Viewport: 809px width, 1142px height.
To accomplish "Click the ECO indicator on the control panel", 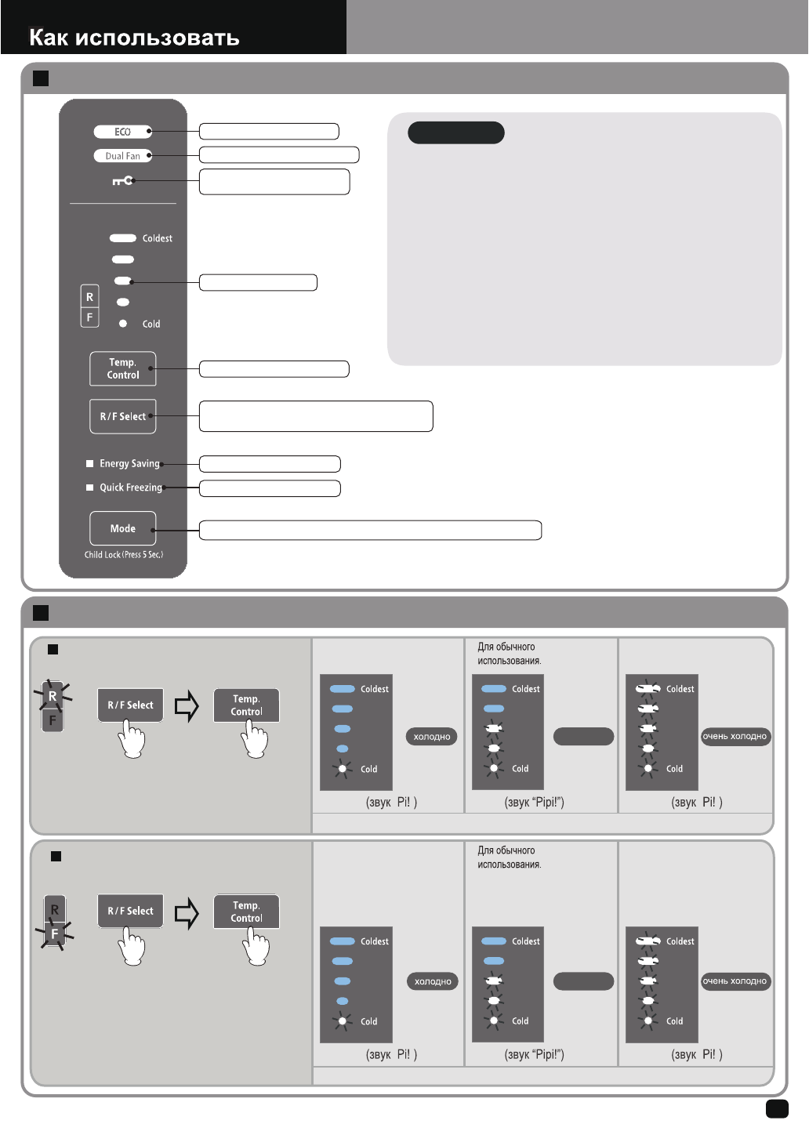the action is click(122, 132).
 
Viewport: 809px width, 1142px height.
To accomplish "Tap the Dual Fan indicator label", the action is click(122, 156).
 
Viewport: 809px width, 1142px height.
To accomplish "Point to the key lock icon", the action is click(122, 181).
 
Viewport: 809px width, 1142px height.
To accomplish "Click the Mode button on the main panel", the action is click(122, 528).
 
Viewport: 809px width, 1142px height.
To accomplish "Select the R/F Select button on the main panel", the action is click(122, 416).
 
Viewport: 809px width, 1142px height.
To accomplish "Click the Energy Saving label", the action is click(129, 463).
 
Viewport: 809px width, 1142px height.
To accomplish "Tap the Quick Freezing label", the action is click(130, 488).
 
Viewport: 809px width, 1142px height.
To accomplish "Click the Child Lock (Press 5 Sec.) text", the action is click(124, 554).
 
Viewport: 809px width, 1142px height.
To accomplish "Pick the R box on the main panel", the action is click(89, 297).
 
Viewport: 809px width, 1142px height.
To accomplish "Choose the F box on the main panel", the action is click(89, 317).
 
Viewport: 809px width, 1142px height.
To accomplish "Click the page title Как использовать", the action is click(134, 38).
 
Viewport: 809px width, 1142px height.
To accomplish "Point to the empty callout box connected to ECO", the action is click(269, 131).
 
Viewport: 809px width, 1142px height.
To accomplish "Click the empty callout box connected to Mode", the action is click(370, 530).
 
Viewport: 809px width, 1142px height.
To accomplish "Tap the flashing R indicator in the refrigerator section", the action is click(53, 696).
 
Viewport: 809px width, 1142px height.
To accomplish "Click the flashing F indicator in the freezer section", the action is click(54, 934).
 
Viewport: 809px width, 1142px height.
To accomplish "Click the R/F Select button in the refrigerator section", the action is click(130, 705).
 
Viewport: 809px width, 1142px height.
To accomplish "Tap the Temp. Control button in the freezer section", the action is click(246, 912).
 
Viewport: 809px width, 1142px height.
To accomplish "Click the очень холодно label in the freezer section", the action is click(735, 981).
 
